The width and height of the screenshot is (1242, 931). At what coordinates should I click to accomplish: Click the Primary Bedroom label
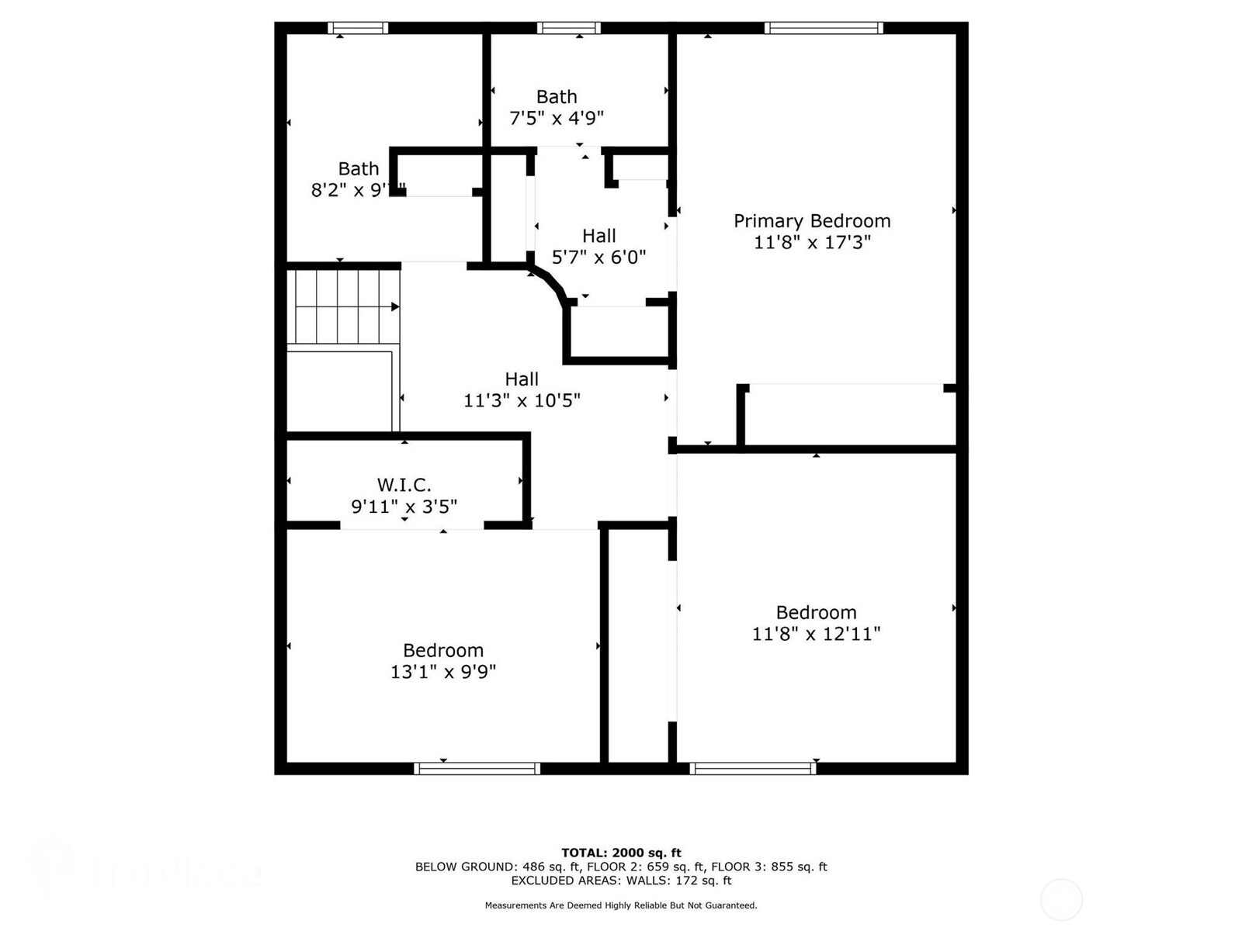click(812, 221)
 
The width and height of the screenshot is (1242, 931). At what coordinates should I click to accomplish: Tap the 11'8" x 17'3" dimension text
click(812, 243)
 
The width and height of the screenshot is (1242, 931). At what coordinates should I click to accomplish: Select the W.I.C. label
click(404, 486)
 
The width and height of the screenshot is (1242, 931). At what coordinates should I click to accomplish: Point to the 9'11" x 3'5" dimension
click(404, 507)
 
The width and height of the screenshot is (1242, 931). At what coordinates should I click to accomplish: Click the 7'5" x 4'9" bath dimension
click(557, 119)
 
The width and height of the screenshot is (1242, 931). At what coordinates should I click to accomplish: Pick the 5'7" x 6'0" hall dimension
click(598, 258)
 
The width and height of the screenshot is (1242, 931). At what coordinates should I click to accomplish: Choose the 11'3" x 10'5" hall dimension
click(522, 401)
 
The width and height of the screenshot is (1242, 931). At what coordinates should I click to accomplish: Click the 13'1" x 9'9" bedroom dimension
click(443, 672)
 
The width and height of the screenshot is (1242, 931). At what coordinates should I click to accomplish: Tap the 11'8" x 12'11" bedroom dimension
click(816, 635)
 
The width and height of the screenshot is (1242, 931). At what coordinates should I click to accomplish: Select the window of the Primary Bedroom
click(824, 28)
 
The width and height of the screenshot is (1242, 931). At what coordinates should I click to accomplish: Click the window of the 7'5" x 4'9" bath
click(569, 28)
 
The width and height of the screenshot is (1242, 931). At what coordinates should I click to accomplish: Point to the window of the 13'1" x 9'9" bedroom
click(477, 769)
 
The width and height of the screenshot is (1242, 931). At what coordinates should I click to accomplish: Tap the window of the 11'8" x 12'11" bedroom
click(753, 769)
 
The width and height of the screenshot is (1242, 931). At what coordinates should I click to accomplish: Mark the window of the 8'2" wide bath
click(358, 28)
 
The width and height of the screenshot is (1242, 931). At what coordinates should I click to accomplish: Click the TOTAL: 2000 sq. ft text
click(621, 853)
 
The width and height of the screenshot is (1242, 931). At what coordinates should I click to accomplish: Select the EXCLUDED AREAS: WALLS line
click(621, 881)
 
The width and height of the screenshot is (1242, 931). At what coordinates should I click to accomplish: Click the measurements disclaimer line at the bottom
click(621, 905)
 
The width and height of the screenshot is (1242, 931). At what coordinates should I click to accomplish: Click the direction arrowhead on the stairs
click(395, 307)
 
